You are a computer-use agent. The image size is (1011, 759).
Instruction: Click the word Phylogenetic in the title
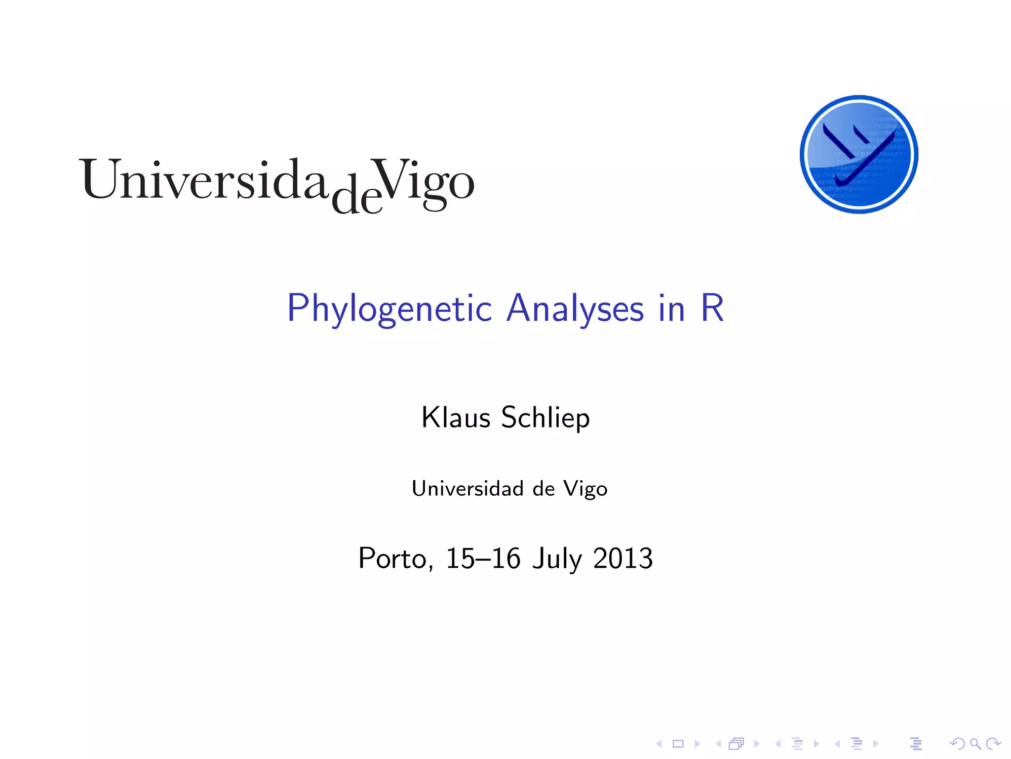[389, 309]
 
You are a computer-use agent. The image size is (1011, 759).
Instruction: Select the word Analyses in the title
[575, 309]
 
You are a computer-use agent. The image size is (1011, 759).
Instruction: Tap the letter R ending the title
[712, 308]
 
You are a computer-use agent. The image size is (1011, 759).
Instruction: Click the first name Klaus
[456, 418]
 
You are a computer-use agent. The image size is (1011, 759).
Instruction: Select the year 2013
[623, 558]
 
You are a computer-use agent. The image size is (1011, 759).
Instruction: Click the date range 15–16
[483, 558]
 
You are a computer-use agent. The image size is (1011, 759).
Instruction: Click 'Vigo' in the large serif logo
[424, 181]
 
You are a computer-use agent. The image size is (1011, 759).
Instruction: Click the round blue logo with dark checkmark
[858, 154]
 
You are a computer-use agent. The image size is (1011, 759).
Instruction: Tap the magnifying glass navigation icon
[975, 744]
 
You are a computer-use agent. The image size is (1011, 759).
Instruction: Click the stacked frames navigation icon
[736, 744]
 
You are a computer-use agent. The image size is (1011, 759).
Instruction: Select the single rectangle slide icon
[678, 744]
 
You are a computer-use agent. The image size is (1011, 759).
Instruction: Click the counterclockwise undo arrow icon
[957, 744]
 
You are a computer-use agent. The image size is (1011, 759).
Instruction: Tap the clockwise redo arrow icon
[993, 744]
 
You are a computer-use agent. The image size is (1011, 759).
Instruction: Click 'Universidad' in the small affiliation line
[467, 489]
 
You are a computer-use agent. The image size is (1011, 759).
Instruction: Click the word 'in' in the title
[672, 309]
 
